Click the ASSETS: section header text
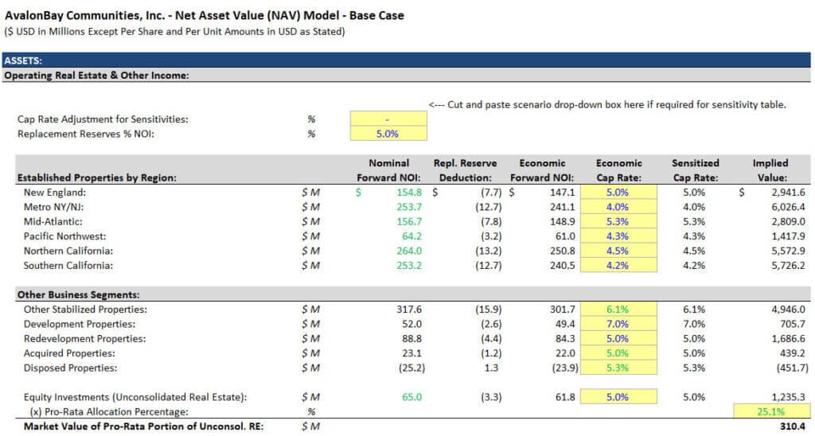23,60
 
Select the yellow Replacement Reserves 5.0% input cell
386,134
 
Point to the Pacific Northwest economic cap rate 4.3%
618,236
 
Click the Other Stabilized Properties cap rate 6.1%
618,309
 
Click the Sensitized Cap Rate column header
695,170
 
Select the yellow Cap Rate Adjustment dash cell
386,119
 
